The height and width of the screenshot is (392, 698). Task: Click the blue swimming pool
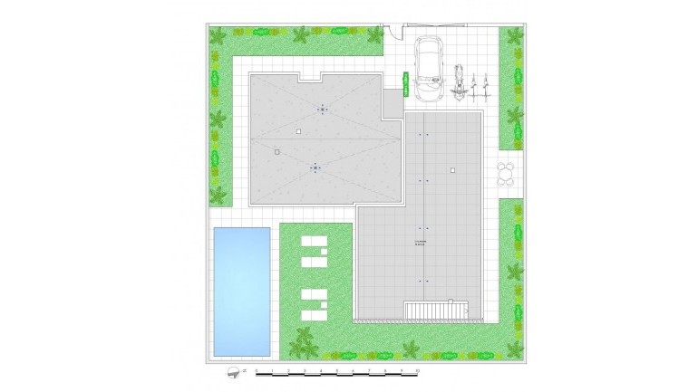241,290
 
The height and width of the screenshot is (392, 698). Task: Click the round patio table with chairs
506,174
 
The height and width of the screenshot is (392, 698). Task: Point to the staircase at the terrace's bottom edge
441,311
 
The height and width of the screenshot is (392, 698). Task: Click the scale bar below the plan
334,371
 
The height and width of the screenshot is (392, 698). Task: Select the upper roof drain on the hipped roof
322,110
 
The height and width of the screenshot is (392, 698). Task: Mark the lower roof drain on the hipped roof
315,167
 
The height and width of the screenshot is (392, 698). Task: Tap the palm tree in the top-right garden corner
514,38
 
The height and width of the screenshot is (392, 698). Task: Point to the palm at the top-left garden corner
218,37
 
